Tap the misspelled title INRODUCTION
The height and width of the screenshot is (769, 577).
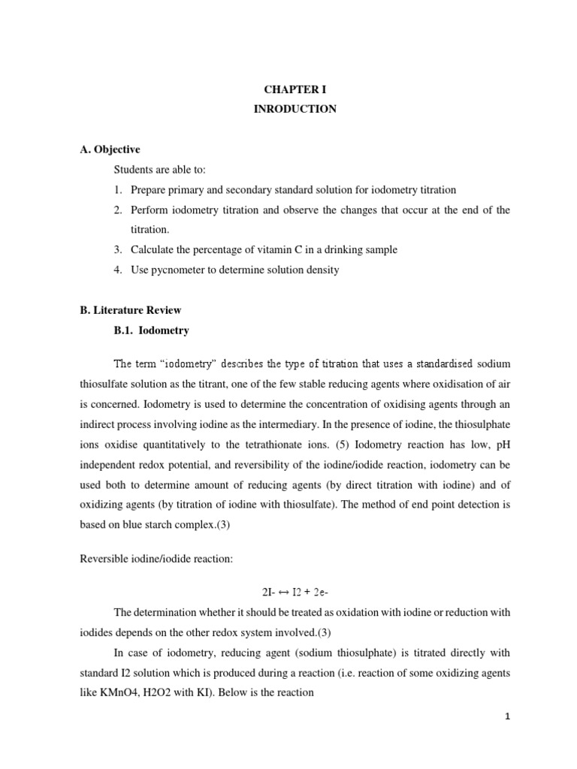click(295, 109)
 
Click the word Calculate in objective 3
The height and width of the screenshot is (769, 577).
click(153, 250)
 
